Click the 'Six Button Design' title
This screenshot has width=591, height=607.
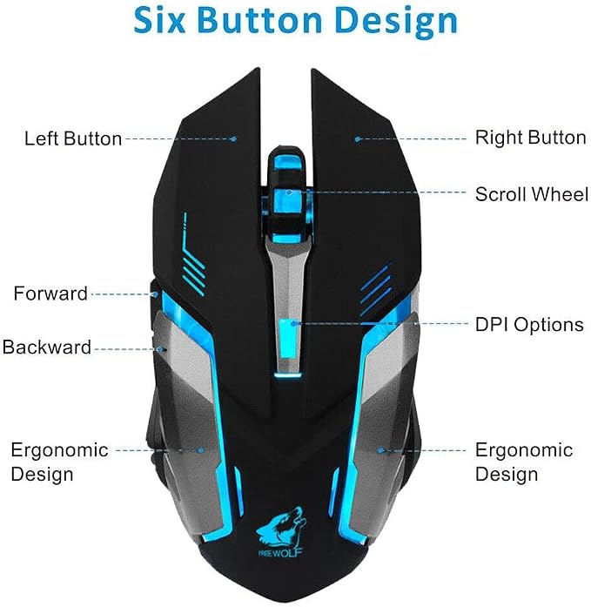coord(296,21)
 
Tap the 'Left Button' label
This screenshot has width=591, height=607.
coord(73,138)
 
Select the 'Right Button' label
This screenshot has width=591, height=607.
coord(530,138)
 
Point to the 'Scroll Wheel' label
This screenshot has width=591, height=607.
coord(532,194)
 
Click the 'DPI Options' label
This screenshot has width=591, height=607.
coord(529,325)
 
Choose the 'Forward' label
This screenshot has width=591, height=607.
coord(50,293)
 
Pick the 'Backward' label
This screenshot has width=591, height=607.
coord(47,347)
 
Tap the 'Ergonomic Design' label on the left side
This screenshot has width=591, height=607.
coord(59,462)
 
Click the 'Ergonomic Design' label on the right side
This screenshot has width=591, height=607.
coord(524,462)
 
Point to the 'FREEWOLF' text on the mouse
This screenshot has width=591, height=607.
coord(281,551)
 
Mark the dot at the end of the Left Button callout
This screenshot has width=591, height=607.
coord(233,138)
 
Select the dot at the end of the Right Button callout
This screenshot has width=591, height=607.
coord(358,138)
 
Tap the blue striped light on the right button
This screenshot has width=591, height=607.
coord(376,289)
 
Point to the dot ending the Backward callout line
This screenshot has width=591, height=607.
coord(160,349)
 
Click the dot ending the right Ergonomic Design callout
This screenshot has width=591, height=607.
coord(381,450)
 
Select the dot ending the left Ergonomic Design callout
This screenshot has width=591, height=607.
coord(201,450)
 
